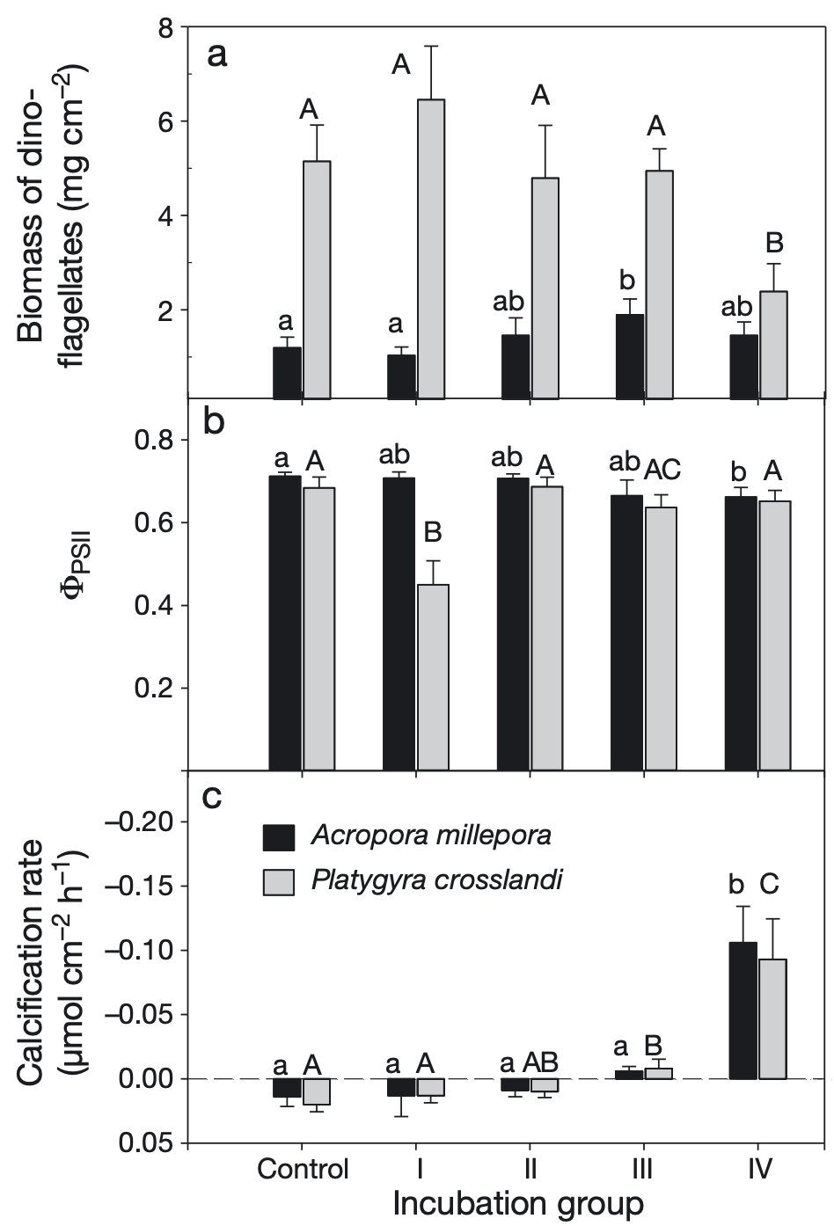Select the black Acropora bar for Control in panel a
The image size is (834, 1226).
point(288,373)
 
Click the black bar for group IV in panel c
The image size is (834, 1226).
point(743,1011)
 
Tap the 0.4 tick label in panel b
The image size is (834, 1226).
point(152,606)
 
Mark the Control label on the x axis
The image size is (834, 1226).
point(303,1170)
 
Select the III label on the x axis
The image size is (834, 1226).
point(643,1170)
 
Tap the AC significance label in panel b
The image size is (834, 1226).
point(662,470)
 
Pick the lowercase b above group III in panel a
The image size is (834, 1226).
point(627,281)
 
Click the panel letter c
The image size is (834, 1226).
point(212,797)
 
